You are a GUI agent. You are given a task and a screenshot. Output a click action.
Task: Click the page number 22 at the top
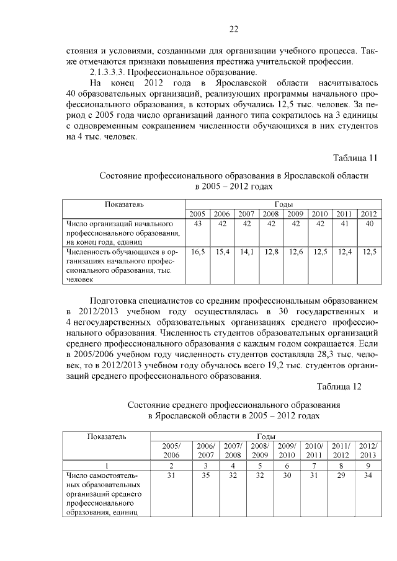[233, 29]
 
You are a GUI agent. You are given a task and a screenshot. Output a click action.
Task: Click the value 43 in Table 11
[198, 224]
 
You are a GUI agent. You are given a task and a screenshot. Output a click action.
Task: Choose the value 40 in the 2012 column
[369, 224]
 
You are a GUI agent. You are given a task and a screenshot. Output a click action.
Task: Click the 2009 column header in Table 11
[295, 214]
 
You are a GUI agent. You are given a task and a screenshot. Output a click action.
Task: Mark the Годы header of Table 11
[283, 204]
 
